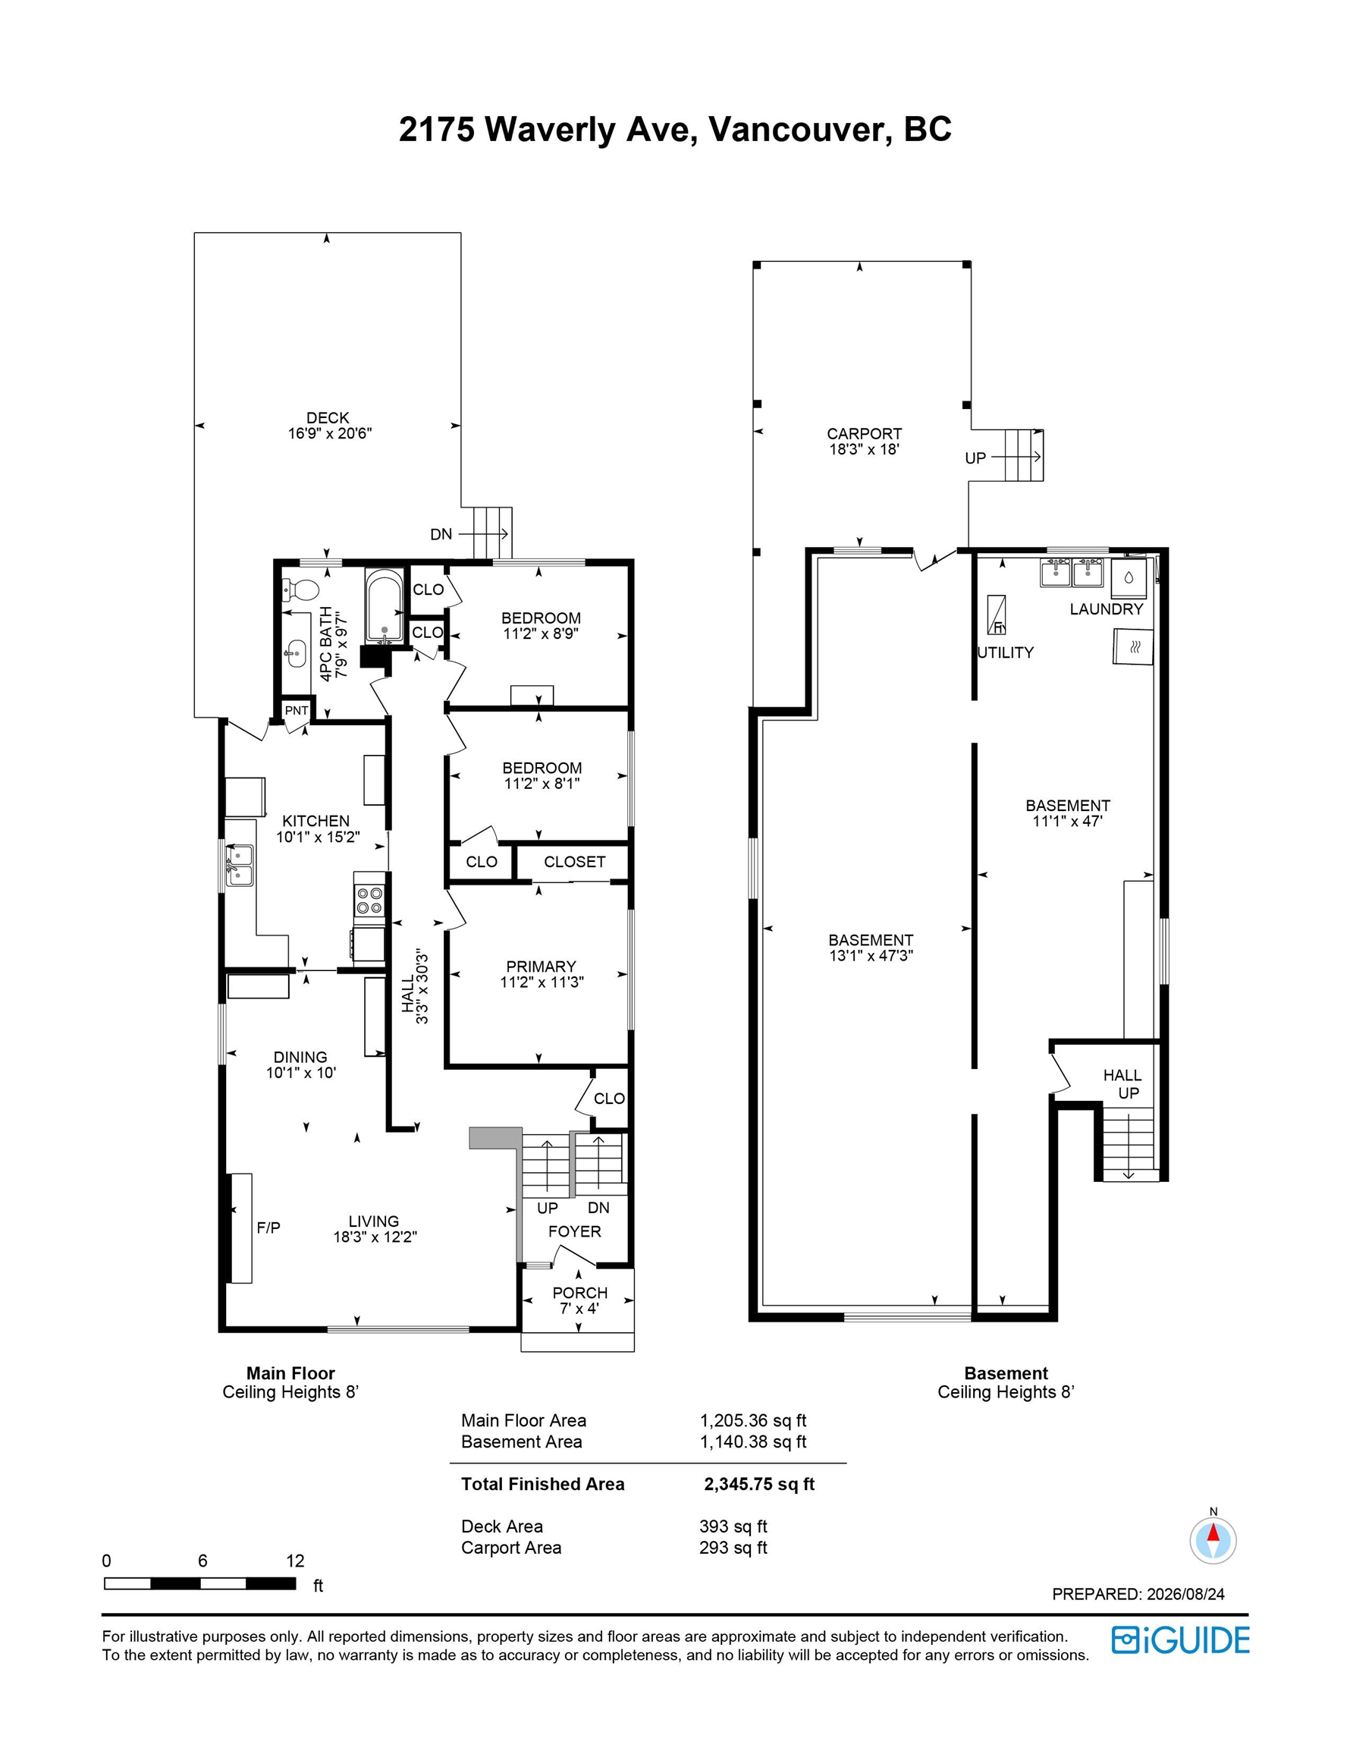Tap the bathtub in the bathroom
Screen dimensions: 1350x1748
(x=385, y=606)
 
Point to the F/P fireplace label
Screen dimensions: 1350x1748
(x=268, y=1227)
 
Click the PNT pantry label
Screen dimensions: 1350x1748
(x=296, y=711)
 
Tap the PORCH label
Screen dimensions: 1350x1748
(x=580, y=1293)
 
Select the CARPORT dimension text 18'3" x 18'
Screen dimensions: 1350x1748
(x=865, y=449)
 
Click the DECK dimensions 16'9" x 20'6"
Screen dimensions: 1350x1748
(x=330, y=433)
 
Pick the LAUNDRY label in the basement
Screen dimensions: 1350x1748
(x=1107, y=609)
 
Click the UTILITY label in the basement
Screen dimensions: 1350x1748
(x=1006, y=652)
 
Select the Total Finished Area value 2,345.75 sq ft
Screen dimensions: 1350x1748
(x=759, y=1484)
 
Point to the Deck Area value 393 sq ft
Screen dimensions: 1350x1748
(x=733, y=1526)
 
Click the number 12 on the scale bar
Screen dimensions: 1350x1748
(x=295, y=1561)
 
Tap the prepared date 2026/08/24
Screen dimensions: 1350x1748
(x=1185, y=1593)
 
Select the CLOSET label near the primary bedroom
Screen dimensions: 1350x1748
(x=575, y=862)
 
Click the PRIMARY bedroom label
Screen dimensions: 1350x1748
(x=541, y=966)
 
